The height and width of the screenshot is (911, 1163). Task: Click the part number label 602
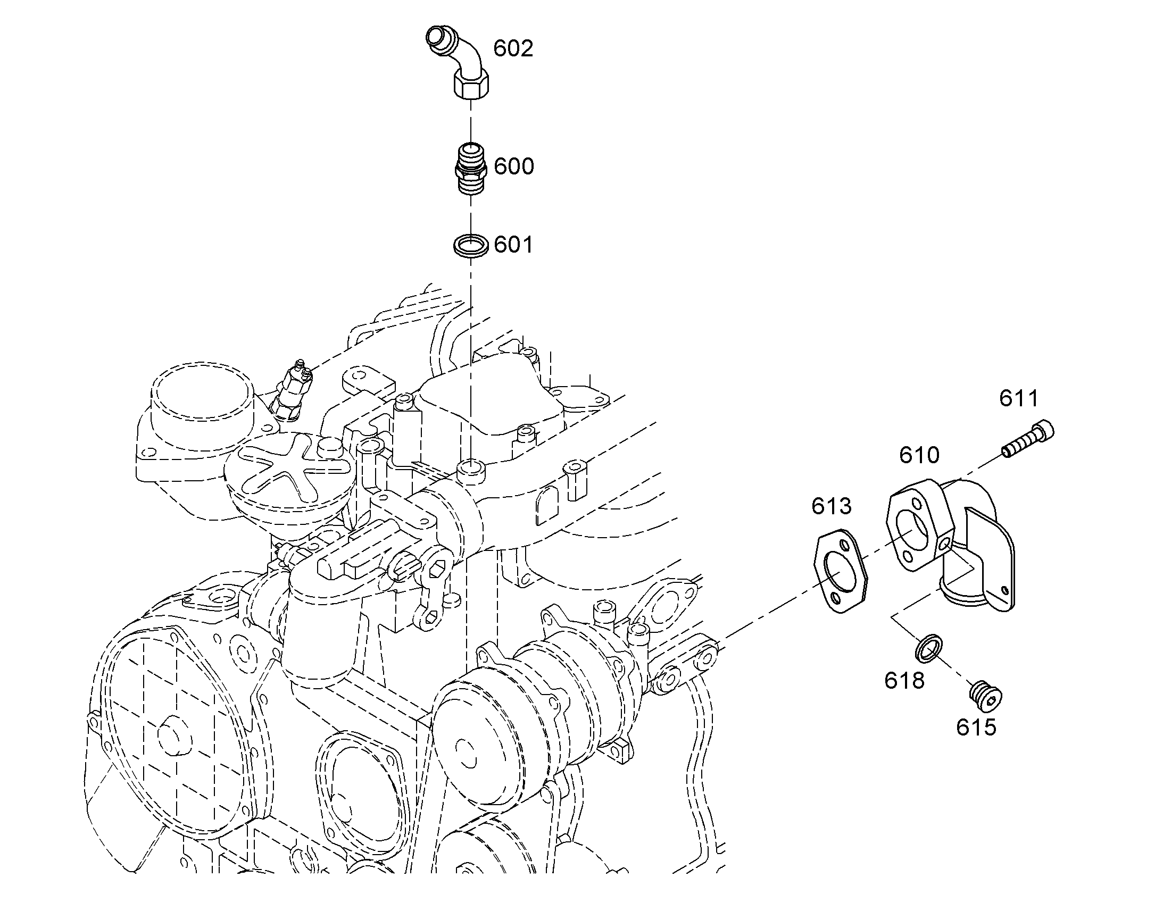coord(513,48)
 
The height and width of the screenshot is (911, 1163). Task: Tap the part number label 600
coord(513,166)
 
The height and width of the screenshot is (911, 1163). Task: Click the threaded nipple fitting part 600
coord(470,169)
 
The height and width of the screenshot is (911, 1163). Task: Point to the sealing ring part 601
coord(470,245)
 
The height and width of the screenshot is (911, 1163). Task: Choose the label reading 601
coord(513,245)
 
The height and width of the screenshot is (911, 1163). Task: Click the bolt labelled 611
coord(1028,439)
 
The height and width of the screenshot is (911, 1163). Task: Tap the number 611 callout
coord(1018,398)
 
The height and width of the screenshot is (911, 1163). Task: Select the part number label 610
coord(919,455)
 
